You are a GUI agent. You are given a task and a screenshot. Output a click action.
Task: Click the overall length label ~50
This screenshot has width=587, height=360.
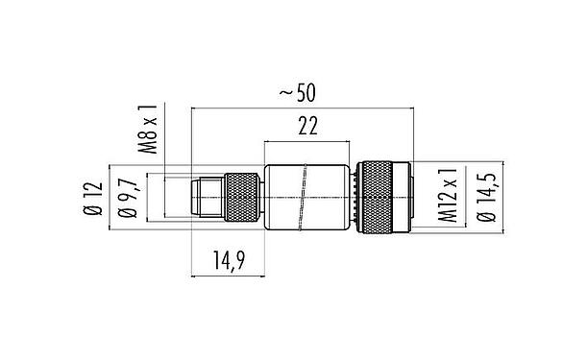pos(298,92)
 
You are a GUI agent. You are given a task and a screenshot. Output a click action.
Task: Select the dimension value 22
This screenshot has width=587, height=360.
pos(308,125)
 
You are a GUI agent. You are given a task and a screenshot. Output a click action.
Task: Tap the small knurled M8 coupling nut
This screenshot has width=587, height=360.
pos(241,198)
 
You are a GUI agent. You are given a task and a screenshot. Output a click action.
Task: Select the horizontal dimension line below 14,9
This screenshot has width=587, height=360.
pos(229,276)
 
